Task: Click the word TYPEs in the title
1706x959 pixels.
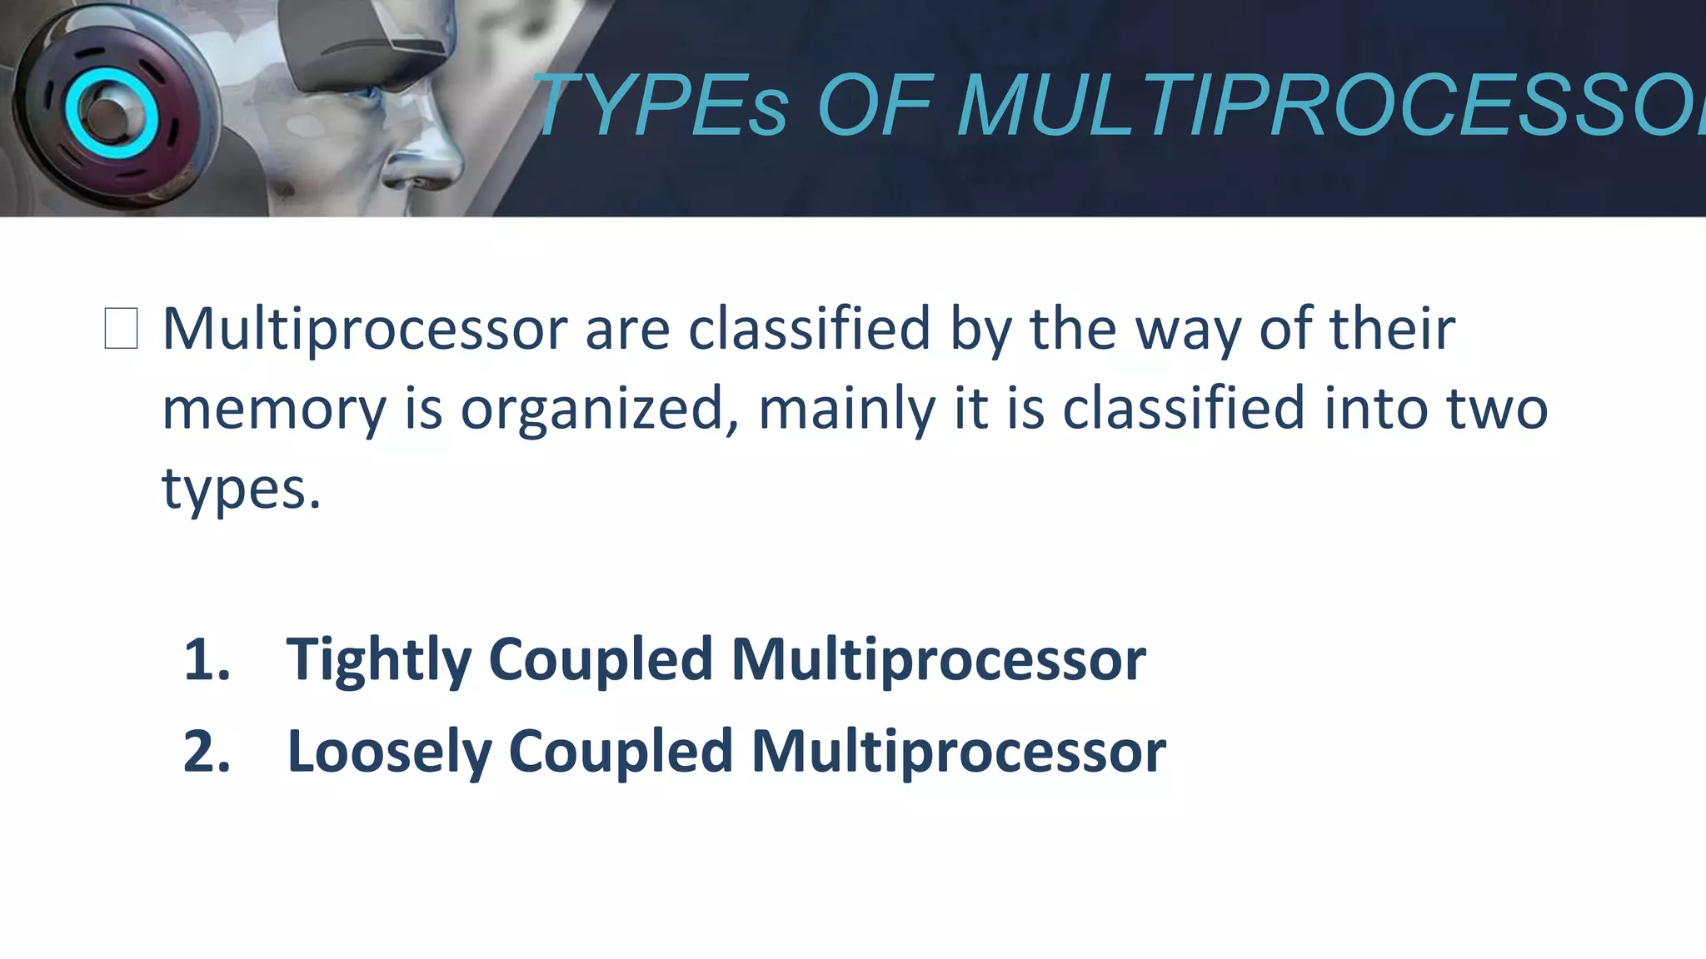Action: pyautogui.click(x=662, y=106)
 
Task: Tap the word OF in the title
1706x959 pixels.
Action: pyautogui.click(x=874, y=106)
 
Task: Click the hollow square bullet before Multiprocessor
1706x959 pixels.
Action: pyautogui.click(x=121, y=328)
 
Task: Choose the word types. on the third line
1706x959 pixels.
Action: pyautogui.click(x=241, y=489)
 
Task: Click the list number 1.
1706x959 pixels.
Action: pyautogui.click(x=206, y=659)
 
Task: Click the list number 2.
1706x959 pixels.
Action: pyautogui.click(x=207, y=752)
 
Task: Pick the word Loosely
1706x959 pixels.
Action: pyautogui.click(x=389, y=752)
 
